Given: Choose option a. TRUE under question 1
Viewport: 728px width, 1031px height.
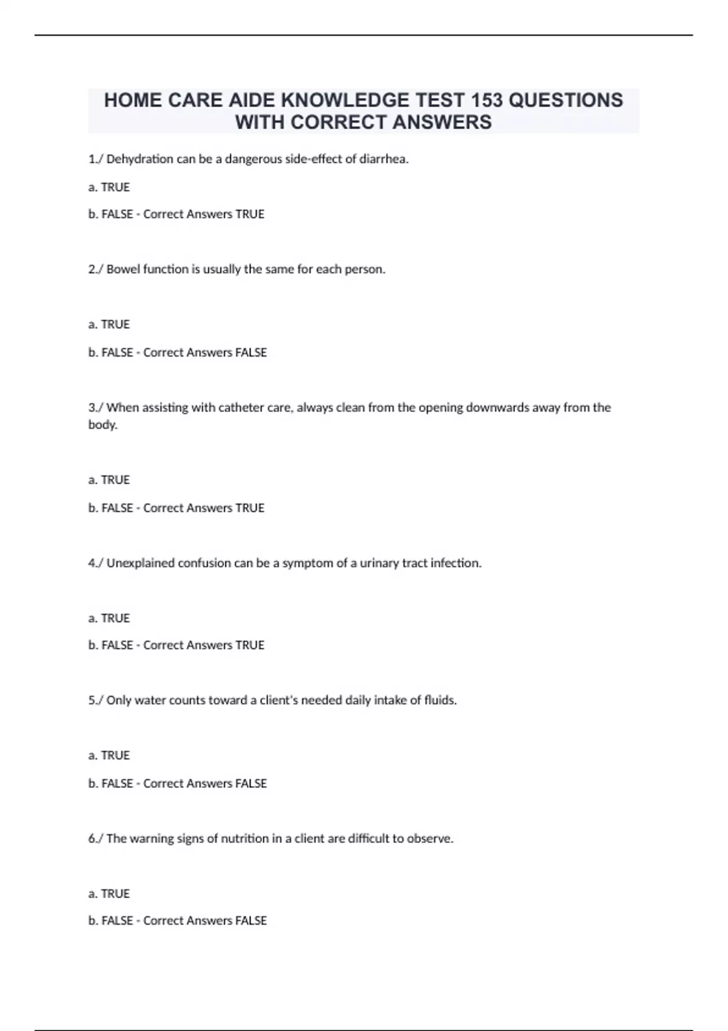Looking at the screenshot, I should click(x=109, y=187).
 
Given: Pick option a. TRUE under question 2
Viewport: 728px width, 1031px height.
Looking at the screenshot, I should click(x=109, y=324).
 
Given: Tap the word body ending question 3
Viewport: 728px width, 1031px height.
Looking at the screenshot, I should click(x=102, y=425).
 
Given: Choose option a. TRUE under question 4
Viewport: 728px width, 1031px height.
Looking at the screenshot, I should click(x=109, y=618).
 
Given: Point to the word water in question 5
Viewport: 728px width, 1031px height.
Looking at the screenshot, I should click(x=150, y=700).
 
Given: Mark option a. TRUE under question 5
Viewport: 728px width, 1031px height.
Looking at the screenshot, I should click(x=109, y=756).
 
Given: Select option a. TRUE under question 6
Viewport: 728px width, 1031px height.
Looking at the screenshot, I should click(x=109, y=894).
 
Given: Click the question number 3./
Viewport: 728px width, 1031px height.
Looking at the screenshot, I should click(x=96, y=408).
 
